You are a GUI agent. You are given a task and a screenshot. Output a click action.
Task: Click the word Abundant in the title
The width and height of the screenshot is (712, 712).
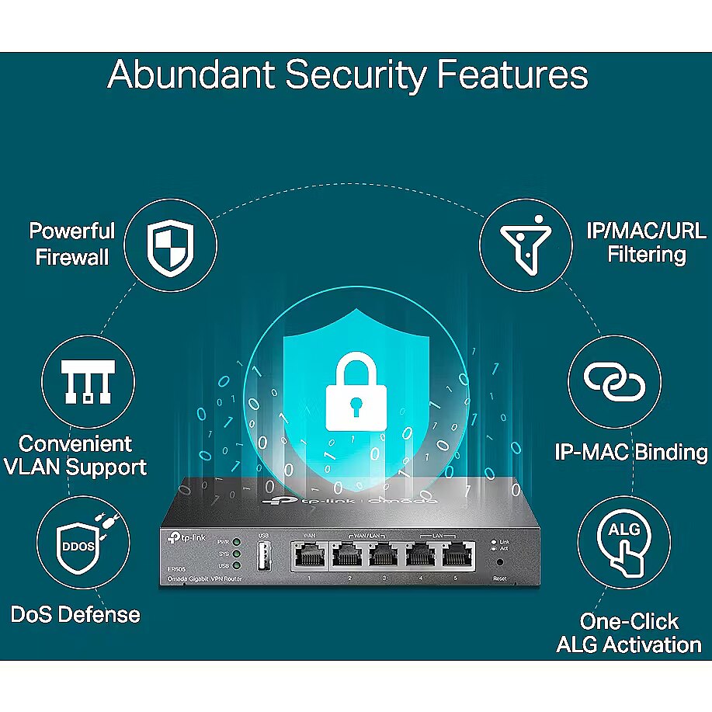(x=190, y=75)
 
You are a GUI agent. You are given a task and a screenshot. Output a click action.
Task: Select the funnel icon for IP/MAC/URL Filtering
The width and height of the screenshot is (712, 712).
(x=519, y=241)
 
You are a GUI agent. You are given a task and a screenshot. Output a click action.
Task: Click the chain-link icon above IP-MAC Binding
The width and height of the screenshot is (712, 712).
(x=614, y=380)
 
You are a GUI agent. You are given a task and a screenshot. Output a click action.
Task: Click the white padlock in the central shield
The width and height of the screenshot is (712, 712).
(x=356, y=393)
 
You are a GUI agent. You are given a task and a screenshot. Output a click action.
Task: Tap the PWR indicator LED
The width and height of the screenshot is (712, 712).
(x=236, y=541)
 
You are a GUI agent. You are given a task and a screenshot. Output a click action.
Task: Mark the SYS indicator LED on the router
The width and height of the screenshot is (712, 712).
(x=236, y=553)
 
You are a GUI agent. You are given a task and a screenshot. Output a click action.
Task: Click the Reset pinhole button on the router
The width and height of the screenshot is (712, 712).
(x=498, y=561)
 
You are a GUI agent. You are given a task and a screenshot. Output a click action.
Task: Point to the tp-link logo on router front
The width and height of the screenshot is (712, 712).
(x=181, y=537)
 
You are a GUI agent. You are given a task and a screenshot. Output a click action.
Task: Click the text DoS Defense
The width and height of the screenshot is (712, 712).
(x=75, y=615)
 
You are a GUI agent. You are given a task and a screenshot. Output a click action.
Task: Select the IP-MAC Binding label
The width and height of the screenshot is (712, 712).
(x=630, y=452)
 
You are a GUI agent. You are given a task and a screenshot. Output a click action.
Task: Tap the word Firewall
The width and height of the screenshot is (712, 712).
(x=73, y=256)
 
